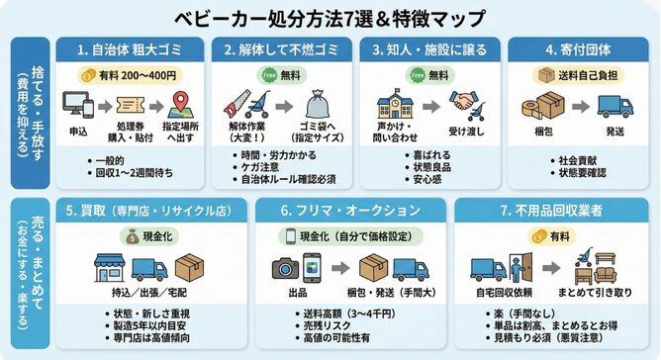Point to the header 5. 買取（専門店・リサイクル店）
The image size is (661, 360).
coord(146,212)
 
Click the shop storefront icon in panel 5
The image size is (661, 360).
coord(111,267)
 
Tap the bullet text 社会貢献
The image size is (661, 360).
coord(576,159)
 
